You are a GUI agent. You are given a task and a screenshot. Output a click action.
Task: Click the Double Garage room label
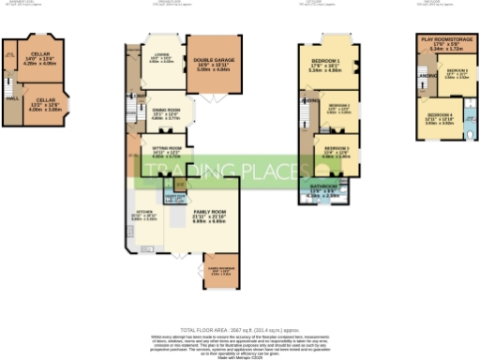214,60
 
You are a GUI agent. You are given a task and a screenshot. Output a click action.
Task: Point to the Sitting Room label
167,148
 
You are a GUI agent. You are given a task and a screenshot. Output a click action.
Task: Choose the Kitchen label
145,212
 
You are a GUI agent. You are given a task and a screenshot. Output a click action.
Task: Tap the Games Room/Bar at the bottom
222,265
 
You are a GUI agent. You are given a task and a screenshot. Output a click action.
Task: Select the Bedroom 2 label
337,106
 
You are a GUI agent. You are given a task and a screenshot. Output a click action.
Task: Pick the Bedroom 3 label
337,148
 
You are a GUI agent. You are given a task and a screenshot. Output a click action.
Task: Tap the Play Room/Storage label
444,42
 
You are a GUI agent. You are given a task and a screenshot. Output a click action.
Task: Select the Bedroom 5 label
457,71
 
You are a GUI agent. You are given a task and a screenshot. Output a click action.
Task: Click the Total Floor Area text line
239,330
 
